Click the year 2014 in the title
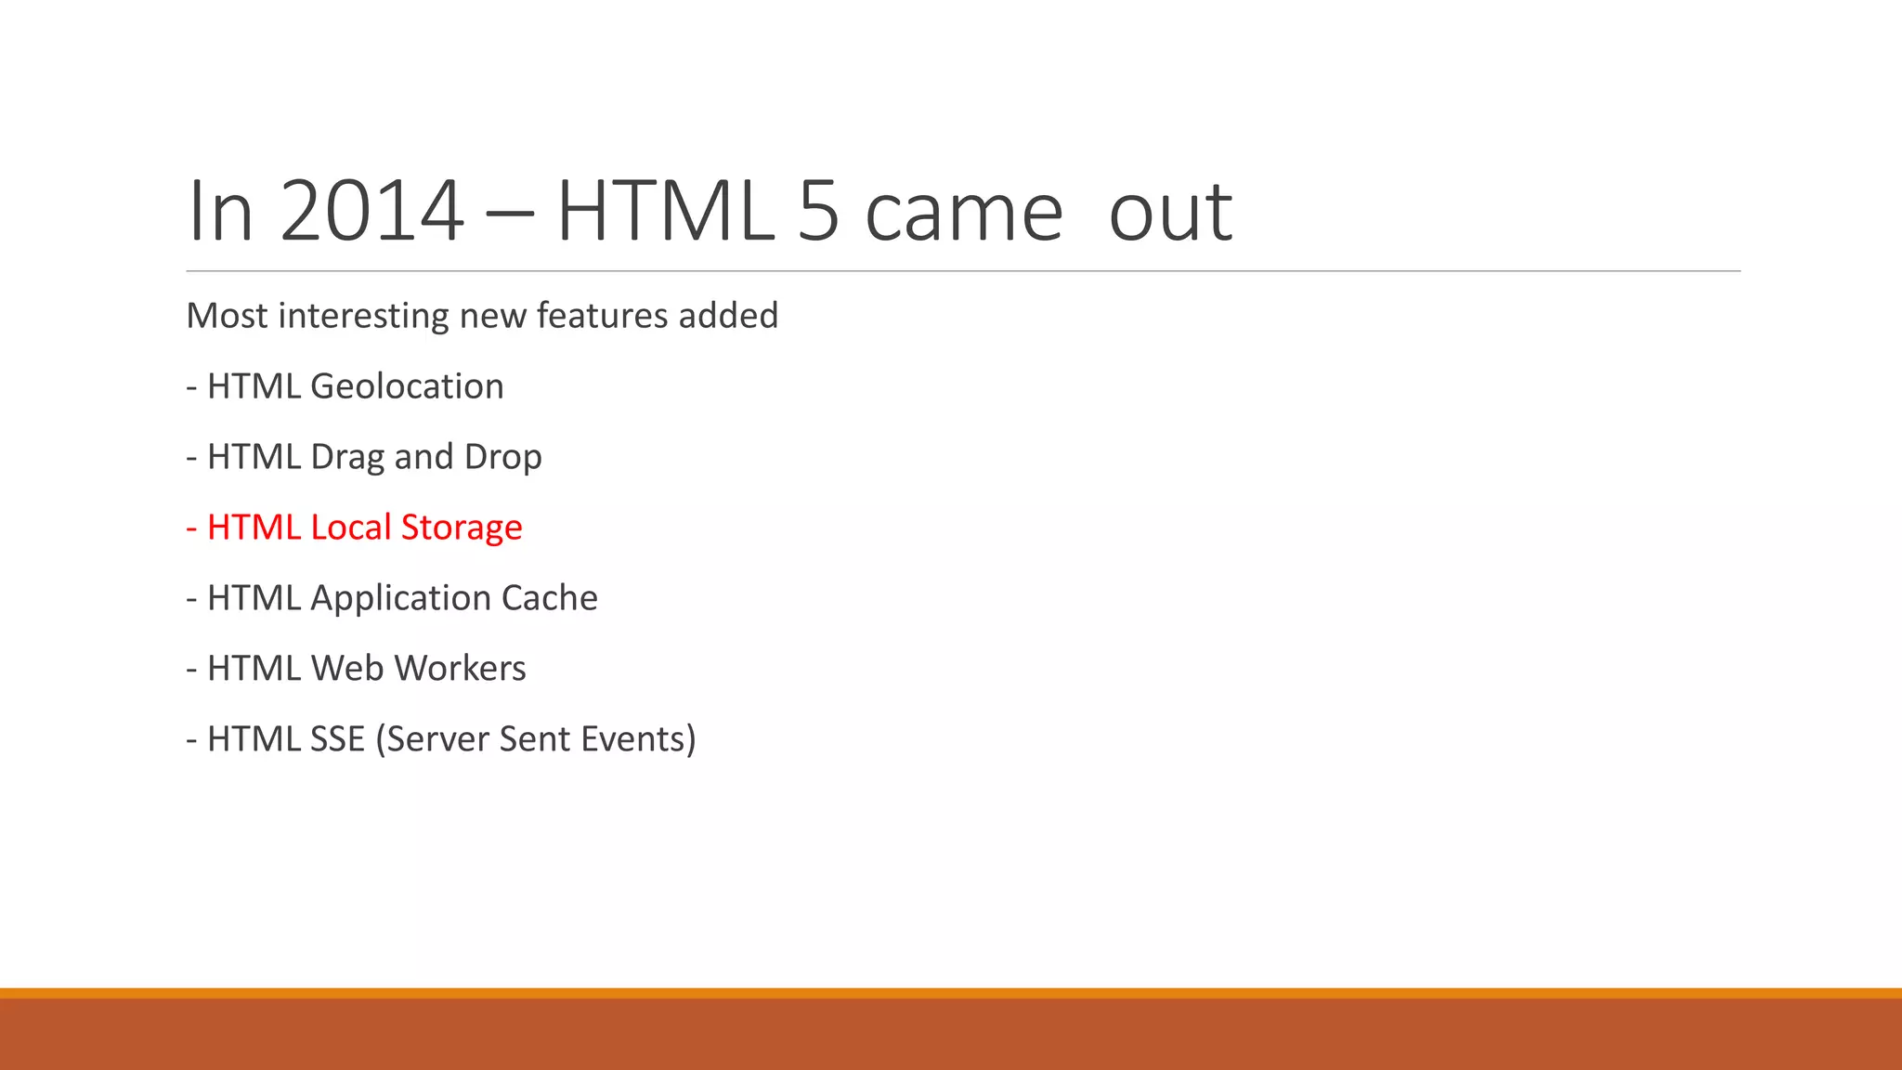click(x=371, y=212)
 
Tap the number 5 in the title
click(x=818, y=212)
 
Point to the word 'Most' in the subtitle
click(x=228, y=316)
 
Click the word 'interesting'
click(x=364, y=316)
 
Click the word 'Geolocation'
click(x=407, y=386)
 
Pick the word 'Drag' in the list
click(x=347, y=457)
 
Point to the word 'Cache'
click(x=549, y=598)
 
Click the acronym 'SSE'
click(x=338, y=739)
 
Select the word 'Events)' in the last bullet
click(x=638, y=739)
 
